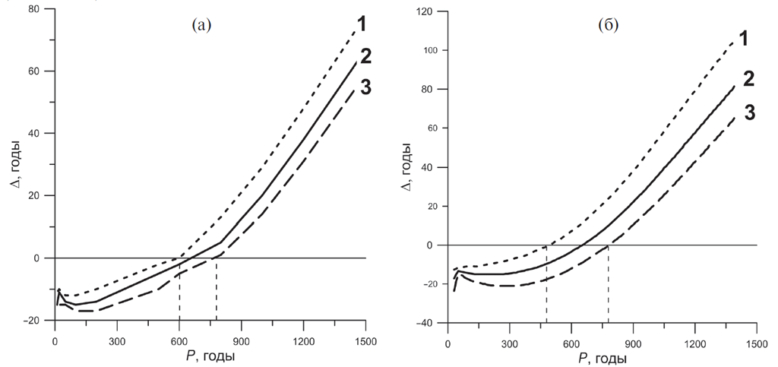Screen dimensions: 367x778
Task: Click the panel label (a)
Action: tap(201, 25)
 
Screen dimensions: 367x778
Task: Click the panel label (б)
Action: tap(609, 25)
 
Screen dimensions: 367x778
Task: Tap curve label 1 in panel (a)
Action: tap(362, 24)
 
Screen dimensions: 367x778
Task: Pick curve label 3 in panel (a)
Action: tap(365, 87)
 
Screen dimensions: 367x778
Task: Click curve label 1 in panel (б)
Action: tap(746, 37)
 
